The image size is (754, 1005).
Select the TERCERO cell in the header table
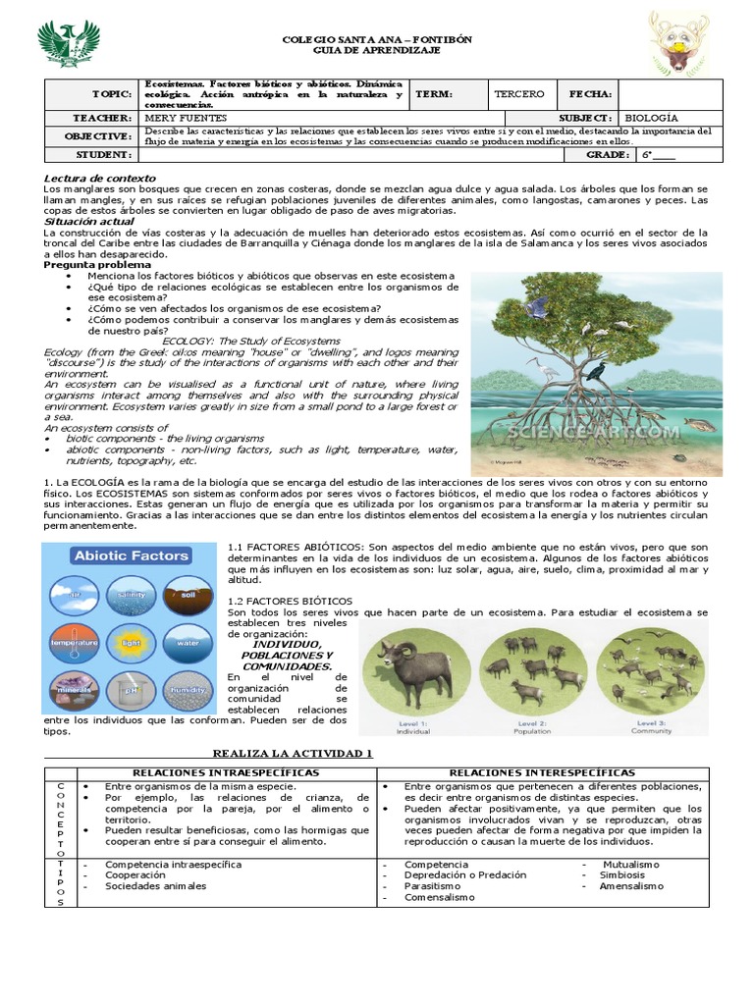tap(519, 94)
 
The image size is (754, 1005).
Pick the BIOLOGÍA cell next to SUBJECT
tap(652, 118)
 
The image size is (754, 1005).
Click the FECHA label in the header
tap(591, 94)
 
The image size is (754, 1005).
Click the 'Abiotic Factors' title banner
tap(130, 555)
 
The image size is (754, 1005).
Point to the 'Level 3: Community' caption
tap(651, 727)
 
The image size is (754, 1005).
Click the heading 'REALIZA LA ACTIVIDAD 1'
tap(294, 753)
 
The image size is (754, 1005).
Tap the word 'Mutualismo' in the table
tap(632, 865)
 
